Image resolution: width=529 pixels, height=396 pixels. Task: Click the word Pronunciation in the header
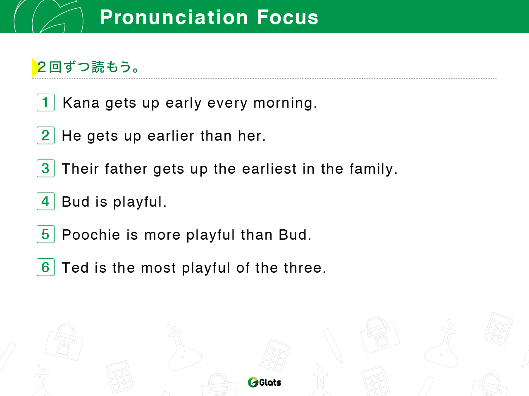(x=174, y=17)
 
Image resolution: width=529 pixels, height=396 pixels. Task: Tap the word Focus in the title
(x=288, y=17)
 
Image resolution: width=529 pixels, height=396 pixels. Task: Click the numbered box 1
(x=45, y=103)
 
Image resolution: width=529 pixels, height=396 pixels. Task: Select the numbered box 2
(x=45, y=135)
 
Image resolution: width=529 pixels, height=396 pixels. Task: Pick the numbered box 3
(x=45, y=168)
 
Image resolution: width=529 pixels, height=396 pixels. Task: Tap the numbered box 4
(x=45, y=201)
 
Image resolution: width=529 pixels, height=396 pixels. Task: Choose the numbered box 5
(x=45, y=234)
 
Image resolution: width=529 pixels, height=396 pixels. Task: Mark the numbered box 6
(x=45, y=267)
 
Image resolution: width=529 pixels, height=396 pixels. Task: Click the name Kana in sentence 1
(x=81, y=103)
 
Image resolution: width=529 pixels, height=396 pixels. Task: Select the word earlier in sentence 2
(x=171, y=136)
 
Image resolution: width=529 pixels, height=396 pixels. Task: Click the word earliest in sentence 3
(x=269, y=169)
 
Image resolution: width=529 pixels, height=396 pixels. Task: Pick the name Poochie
(x=91, y=234)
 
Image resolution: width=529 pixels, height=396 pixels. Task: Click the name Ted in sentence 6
(x=75, y=267)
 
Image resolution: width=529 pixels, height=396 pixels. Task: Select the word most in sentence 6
(x=158, y=268)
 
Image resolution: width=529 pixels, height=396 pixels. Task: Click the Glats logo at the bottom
(x=264, y=382)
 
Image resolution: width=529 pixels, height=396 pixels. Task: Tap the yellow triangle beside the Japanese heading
(x=35, y=68)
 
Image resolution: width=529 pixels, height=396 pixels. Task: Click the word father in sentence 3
(x=126, y=169)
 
